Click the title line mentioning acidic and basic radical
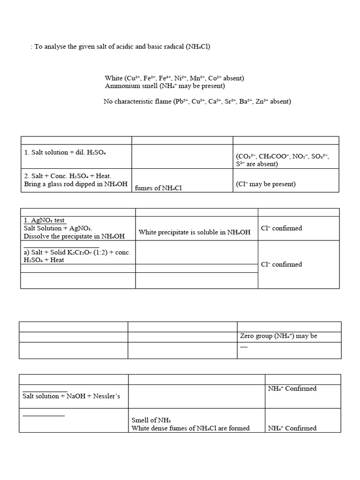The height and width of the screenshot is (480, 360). [x=120, y=47]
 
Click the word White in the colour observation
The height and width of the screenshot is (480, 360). [x=114, y=78]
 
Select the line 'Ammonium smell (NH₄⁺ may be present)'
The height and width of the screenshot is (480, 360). [x=165, y=86]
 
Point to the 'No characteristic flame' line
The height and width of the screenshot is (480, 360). [x=197, y=101]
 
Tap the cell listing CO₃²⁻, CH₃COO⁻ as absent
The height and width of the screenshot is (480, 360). [x=283, y=160]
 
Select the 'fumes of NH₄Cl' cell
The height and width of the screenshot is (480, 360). [x=158, y=188]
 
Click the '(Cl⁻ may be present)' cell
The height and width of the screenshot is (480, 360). [x=266, y=184]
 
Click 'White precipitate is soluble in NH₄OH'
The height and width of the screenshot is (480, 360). [x=195, y=232]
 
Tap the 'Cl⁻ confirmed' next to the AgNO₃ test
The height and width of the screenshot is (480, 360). [x=281, y=228]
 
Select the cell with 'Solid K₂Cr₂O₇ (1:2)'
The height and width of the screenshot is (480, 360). [x=77, y=256]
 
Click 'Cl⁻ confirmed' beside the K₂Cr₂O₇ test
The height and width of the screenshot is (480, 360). [x=281, y=264]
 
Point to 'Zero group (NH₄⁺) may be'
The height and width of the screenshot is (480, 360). [x=278, y=336]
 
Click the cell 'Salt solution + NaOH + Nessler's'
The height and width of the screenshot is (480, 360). [x=71, y=396]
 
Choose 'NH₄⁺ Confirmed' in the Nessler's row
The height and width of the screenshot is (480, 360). [x=292, y=389]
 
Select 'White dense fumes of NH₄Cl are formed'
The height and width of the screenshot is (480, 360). [x=190, y=428]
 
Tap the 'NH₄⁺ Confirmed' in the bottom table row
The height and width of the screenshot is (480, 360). [x=292, y=428]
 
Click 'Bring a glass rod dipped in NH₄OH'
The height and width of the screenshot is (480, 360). [x=75, y=184]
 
